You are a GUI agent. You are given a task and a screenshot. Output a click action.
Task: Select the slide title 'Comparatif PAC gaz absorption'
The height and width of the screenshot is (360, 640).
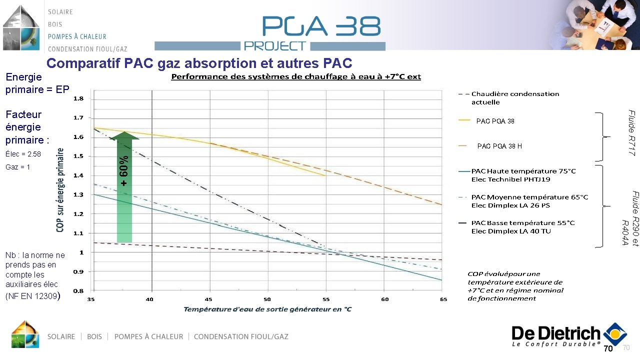(x=199, y=63)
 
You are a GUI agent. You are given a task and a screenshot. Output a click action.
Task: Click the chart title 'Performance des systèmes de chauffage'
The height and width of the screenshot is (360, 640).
(x=296, y=76)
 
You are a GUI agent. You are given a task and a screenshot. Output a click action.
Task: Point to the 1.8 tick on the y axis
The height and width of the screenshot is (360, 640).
(x=78, y=99)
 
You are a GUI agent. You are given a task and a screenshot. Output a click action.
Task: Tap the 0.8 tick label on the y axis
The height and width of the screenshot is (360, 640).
(x=78, y=290)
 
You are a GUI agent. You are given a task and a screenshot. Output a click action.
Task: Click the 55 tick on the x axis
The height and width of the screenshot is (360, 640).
(x=326, y=299)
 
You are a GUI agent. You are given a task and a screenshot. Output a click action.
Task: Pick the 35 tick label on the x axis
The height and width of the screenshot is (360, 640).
(x=91, y=299)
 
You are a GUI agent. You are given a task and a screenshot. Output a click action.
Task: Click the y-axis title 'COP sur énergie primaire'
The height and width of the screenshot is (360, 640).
(x=60, y=189)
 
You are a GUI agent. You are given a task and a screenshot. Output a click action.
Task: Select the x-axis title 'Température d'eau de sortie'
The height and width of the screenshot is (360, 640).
(x=267, y=309)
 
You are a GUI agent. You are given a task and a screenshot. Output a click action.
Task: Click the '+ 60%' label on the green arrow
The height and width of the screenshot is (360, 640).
(x=124, y=171)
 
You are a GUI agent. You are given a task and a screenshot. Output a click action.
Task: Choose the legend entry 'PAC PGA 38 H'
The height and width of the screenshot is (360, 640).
(x=499, y=146)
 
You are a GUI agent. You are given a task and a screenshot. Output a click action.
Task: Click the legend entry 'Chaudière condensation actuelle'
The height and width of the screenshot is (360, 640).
(x=514, y=98)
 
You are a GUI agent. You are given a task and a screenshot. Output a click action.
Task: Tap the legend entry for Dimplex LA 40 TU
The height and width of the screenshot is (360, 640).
(x=522, y=227)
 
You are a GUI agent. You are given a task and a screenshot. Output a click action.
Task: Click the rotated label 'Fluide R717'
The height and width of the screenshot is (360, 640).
(x=631, y=133)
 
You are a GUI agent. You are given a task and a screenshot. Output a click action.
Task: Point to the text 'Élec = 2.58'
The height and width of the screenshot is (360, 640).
(x=23, y=154)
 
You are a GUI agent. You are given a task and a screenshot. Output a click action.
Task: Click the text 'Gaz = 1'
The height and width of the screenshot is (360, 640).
(x=18, y=167)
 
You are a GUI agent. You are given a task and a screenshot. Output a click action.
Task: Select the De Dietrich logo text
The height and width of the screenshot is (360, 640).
(x=555, y=333)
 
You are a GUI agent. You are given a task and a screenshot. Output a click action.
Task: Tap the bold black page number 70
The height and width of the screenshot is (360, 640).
(x=608, y=349)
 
